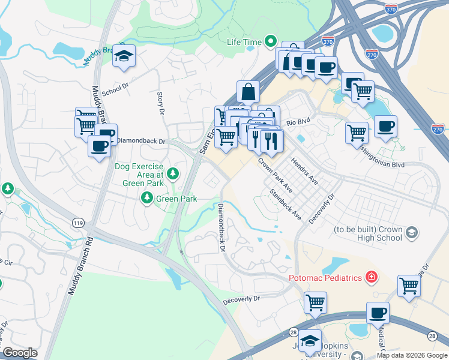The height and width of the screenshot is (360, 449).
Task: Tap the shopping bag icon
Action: coord(248,92)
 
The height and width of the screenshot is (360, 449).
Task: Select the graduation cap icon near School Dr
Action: coord(124,56)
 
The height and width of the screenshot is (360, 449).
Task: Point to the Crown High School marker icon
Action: coord(411,232)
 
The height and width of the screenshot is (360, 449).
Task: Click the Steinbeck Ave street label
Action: coord(285,205)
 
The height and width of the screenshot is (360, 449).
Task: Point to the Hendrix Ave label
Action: coord(304,170)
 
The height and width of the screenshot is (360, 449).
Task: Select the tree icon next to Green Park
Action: coord(146,197)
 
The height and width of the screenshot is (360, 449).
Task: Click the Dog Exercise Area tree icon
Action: coord(173,174)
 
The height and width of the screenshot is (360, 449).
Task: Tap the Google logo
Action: coord(20,353)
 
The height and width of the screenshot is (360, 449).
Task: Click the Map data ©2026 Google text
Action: coord(412,355)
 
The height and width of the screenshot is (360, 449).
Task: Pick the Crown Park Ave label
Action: coord(275,175)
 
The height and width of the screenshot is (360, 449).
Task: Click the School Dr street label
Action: coord(115,89)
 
